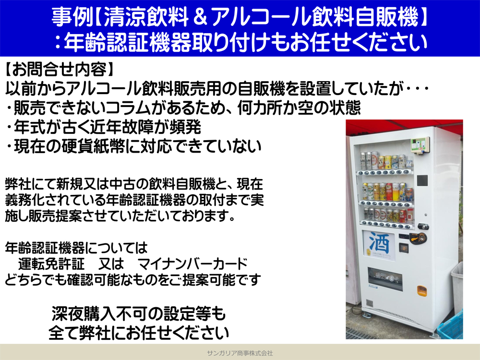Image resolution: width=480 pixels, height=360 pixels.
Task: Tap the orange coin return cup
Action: click(x=421, y=290)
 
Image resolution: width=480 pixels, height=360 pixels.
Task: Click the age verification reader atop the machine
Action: click(x=420, y=145)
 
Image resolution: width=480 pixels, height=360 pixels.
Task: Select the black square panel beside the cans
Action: click(x=422, y=180)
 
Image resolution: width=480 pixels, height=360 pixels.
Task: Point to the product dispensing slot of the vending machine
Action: click(x=385, y=277)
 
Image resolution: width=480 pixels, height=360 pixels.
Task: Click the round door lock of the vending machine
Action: click(x=423, y=227)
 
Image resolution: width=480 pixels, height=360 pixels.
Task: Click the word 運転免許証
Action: click(x=51, y=264)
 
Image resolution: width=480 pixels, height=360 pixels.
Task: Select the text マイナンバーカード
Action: click(x=192, y=264)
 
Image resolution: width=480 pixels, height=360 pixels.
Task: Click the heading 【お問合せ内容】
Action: click(x=60, y=70)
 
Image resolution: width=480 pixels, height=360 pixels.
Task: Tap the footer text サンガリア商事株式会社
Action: click(x=240, y=353)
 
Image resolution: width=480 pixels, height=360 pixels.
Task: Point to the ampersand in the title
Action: click(x=201, y=17)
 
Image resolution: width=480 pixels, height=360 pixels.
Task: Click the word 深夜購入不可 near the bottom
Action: click(x=99, y=314)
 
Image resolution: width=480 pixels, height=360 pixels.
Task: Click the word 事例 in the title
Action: click(x=72, y=17)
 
